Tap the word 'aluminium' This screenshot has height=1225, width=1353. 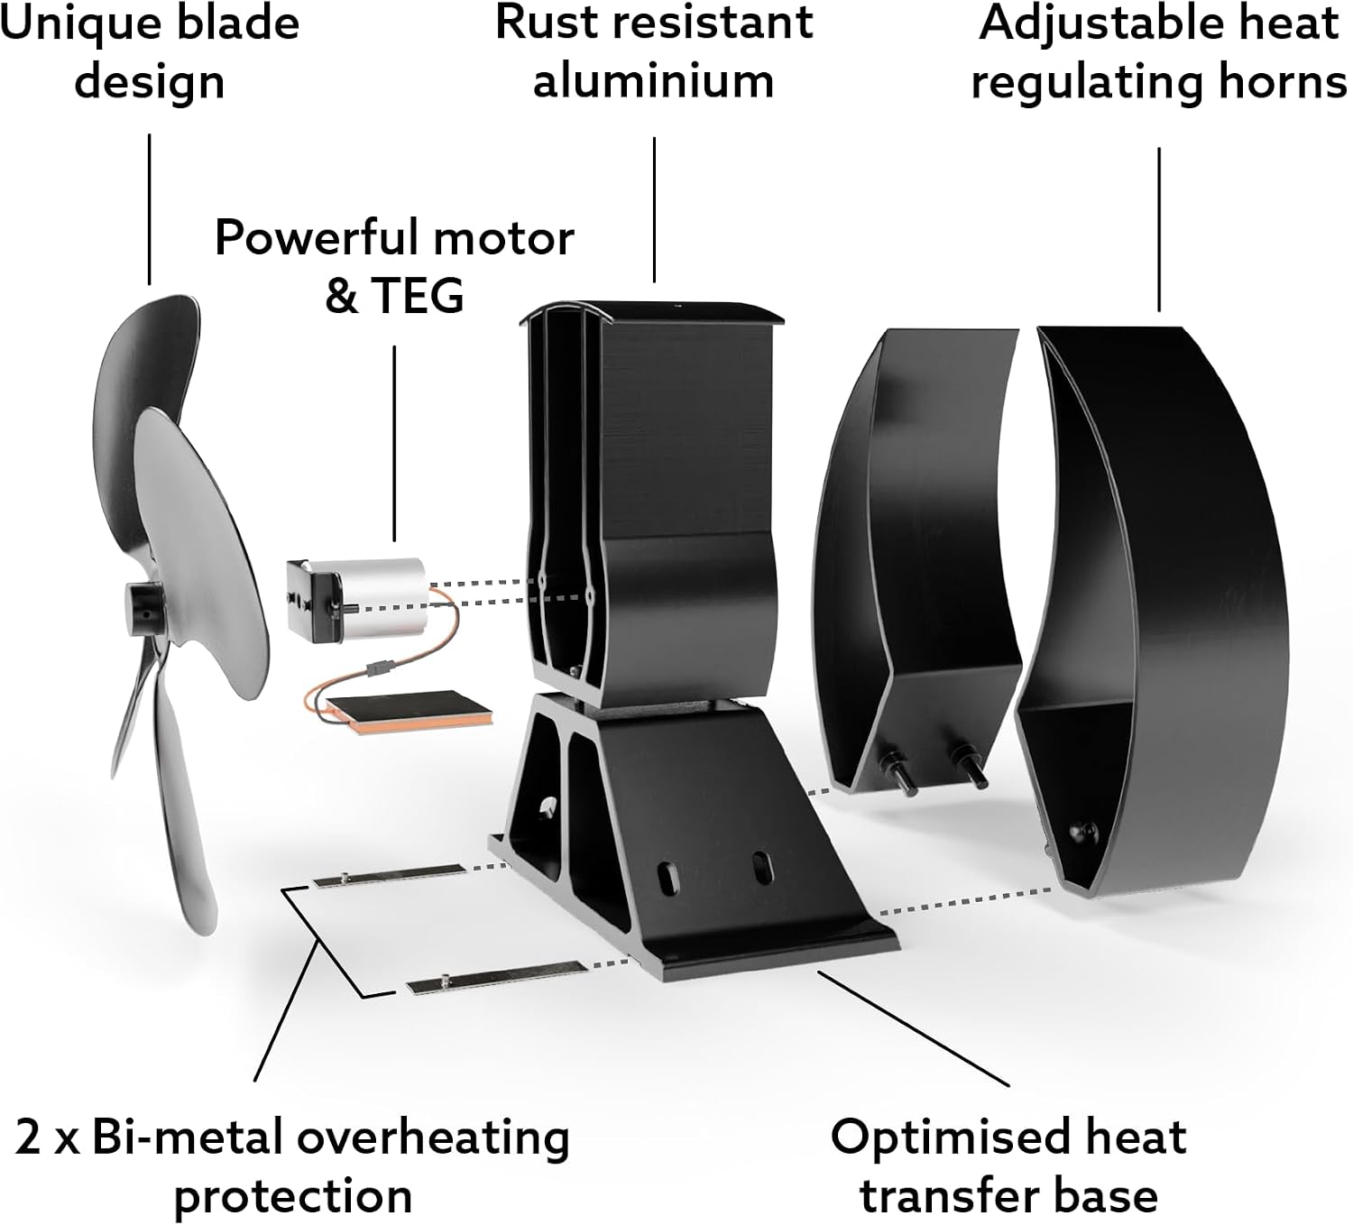653,81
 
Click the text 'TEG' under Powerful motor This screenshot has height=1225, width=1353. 417,296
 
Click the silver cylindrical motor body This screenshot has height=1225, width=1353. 383,598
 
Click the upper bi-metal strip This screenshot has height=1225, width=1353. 389,875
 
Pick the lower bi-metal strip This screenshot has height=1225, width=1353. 497,977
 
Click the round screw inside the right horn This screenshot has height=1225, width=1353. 1083,834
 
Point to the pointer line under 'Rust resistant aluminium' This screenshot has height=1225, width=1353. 654,210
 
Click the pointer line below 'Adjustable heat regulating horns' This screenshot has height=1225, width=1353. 1159,229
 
